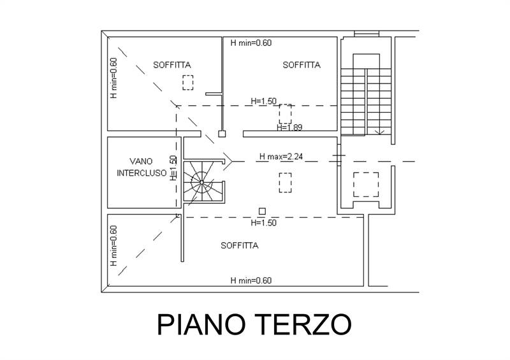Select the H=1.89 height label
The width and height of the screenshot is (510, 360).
(x=289, y=127)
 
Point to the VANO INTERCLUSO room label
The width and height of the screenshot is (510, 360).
(x=142, y=167)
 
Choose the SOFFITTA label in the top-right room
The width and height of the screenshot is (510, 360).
(x=301, y=65)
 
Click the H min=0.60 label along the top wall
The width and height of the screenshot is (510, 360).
(x=251, y=43)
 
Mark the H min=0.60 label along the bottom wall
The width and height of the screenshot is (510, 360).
(x=251, y=280)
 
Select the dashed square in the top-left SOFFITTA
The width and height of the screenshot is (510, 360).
(x=187, y=82)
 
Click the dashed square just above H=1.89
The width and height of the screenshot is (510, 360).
(x=285, y=113)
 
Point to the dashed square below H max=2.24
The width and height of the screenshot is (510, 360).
(x=285, y=183)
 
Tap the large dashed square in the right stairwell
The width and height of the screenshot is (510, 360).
(x=366, y=184)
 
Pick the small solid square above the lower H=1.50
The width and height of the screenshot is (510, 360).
(x=261, y=212)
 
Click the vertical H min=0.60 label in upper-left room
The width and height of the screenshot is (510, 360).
(x=113, y=78)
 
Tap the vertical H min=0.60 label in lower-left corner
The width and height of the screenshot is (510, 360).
(x=113, y=246)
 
